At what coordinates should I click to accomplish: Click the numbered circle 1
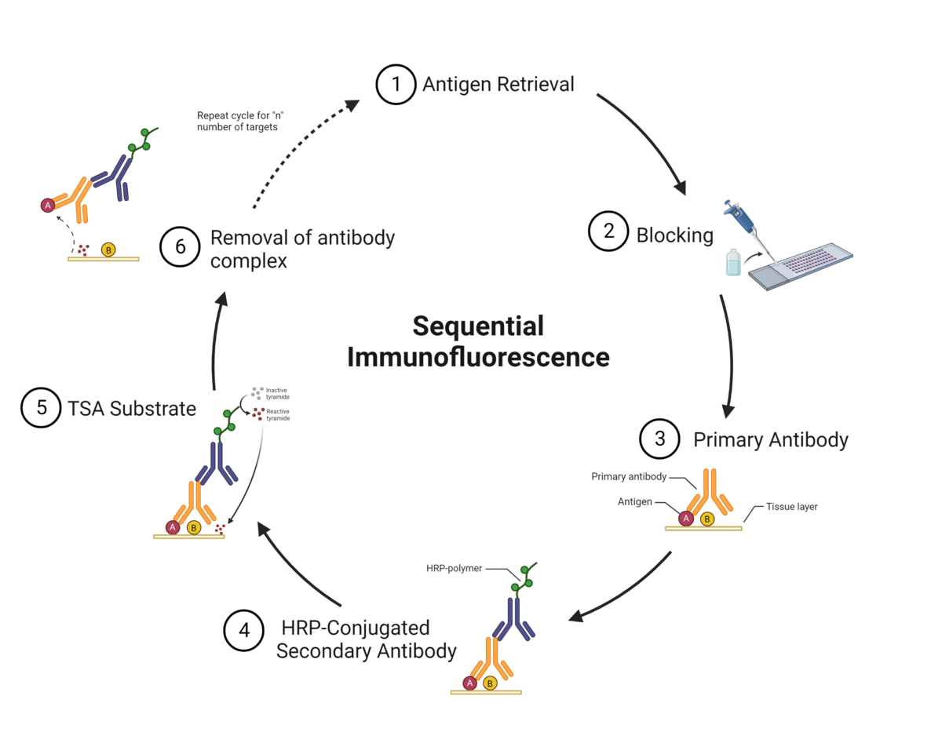click(396, 84)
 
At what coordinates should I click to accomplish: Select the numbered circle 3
click(659, 439)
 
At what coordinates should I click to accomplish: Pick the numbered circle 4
click(244, 631)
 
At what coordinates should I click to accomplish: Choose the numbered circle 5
click(41, 408)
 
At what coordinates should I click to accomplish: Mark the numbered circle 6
click(180, 246)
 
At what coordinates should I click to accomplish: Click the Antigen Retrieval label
click(498, 84)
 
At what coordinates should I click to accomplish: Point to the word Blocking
click(674, 235)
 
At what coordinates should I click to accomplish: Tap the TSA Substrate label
click(132, 408)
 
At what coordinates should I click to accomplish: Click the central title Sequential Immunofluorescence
click(478, 341)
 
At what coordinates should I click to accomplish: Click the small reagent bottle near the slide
click(732, 262)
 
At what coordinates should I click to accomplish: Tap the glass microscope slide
click(801, 267)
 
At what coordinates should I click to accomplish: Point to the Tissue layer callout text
click(791, 507)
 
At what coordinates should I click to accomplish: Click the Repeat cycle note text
click(239, 120)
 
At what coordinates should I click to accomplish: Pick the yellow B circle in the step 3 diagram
click(706, 519)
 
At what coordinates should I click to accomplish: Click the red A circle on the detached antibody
click(48, 206)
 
